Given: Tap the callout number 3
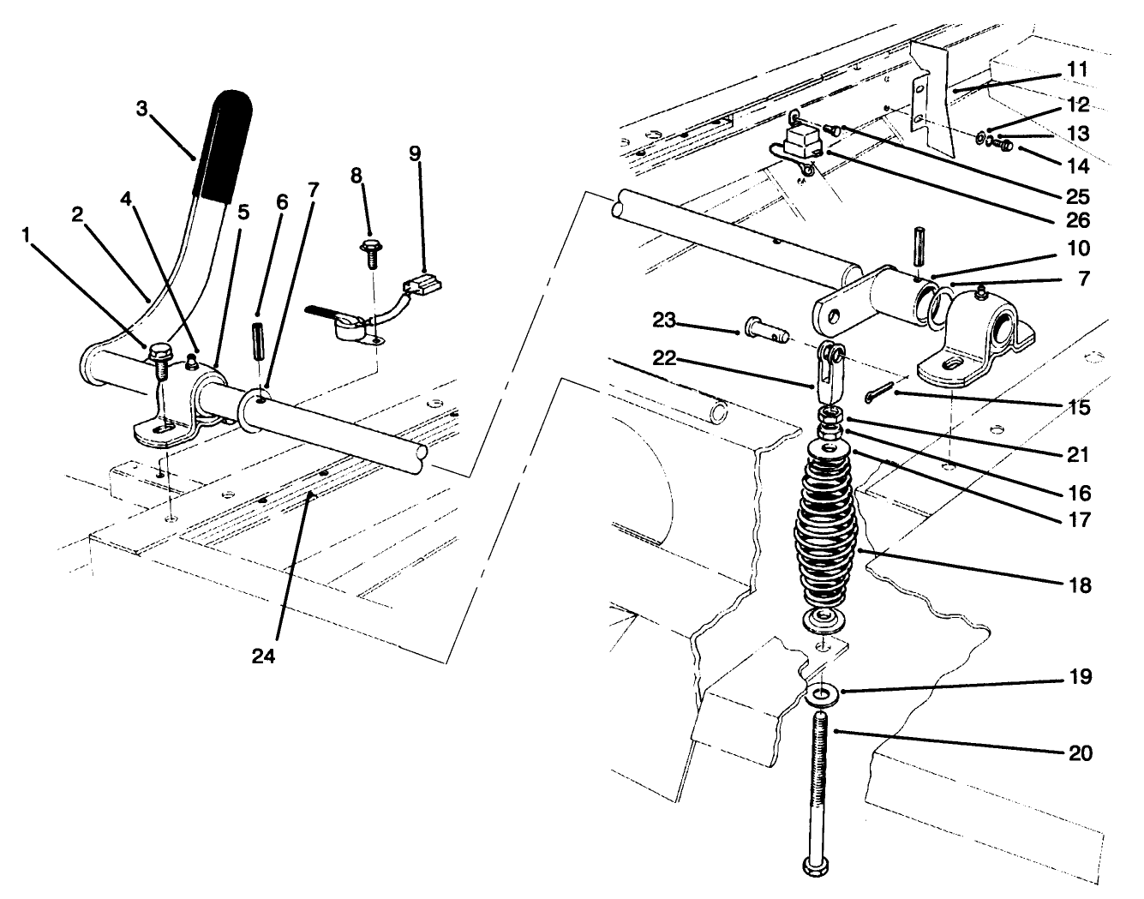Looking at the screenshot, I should pos(142,107).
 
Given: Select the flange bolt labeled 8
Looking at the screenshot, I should pos(370,251).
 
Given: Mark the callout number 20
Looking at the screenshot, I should pos(1080,753).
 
